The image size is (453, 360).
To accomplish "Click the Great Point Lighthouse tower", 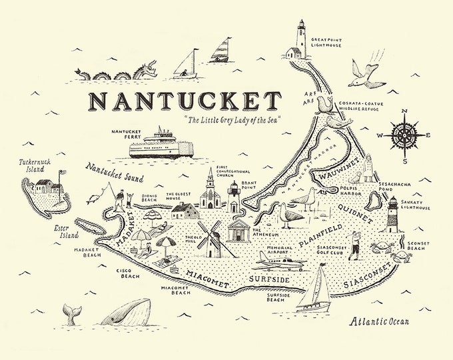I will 300,39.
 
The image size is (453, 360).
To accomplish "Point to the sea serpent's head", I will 149,67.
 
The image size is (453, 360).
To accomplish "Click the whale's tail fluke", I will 69,311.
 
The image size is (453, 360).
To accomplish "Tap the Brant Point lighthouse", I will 233,197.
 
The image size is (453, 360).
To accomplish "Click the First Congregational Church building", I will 211,193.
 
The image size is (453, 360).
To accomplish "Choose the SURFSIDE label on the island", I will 269,279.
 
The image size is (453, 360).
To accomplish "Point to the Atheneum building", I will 239,230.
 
